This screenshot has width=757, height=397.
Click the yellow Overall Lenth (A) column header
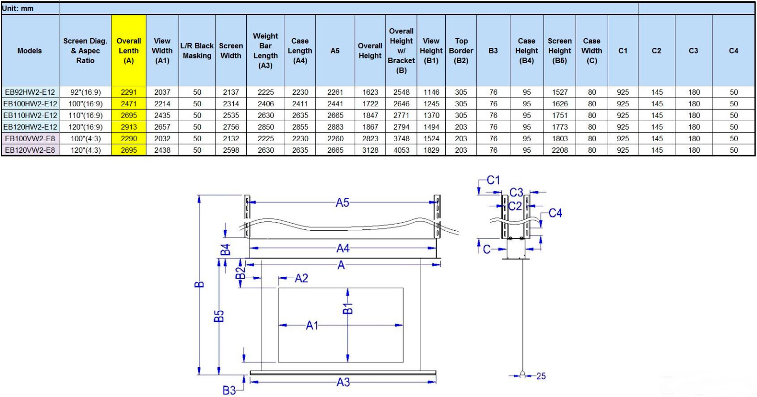point(128,51)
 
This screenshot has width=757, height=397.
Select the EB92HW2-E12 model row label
point(30,92)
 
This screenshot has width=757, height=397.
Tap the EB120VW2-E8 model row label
point(30,150)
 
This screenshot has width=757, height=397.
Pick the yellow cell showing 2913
point(129,127)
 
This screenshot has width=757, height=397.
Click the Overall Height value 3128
point(370,150)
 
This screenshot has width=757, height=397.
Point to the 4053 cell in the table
point(401,150)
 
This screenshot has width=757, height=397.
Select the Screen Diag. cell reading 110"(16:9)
point(85,115)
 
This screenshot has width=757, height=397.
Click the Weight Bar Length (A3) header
point(265,51)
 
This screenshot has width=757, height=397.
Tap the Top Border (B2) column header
point(461,51)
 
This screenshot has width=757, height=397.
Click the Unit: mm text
point(18,8)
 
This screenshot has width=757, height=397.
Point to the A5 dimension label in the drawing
point(342,202)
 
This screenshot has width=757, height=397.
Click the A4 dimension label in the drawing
point(343,248)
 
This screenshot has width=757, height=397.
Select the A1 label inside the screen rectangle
point(312,325)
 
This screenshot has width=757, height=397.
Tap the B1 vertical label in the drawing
point(348,309)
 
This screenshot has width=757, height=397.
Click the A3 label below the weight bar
point(343,382)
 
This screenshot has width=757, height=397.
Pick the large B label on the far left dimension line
point(199,284)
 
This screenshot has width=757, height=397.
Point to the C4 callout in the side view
point(555,213)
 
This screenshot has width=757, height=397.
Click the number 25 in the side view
point(541,376)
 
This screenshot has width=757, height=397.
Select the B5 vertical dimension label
point(219,316)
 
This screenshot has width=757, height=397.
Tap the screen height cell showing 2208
point(560,150)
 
